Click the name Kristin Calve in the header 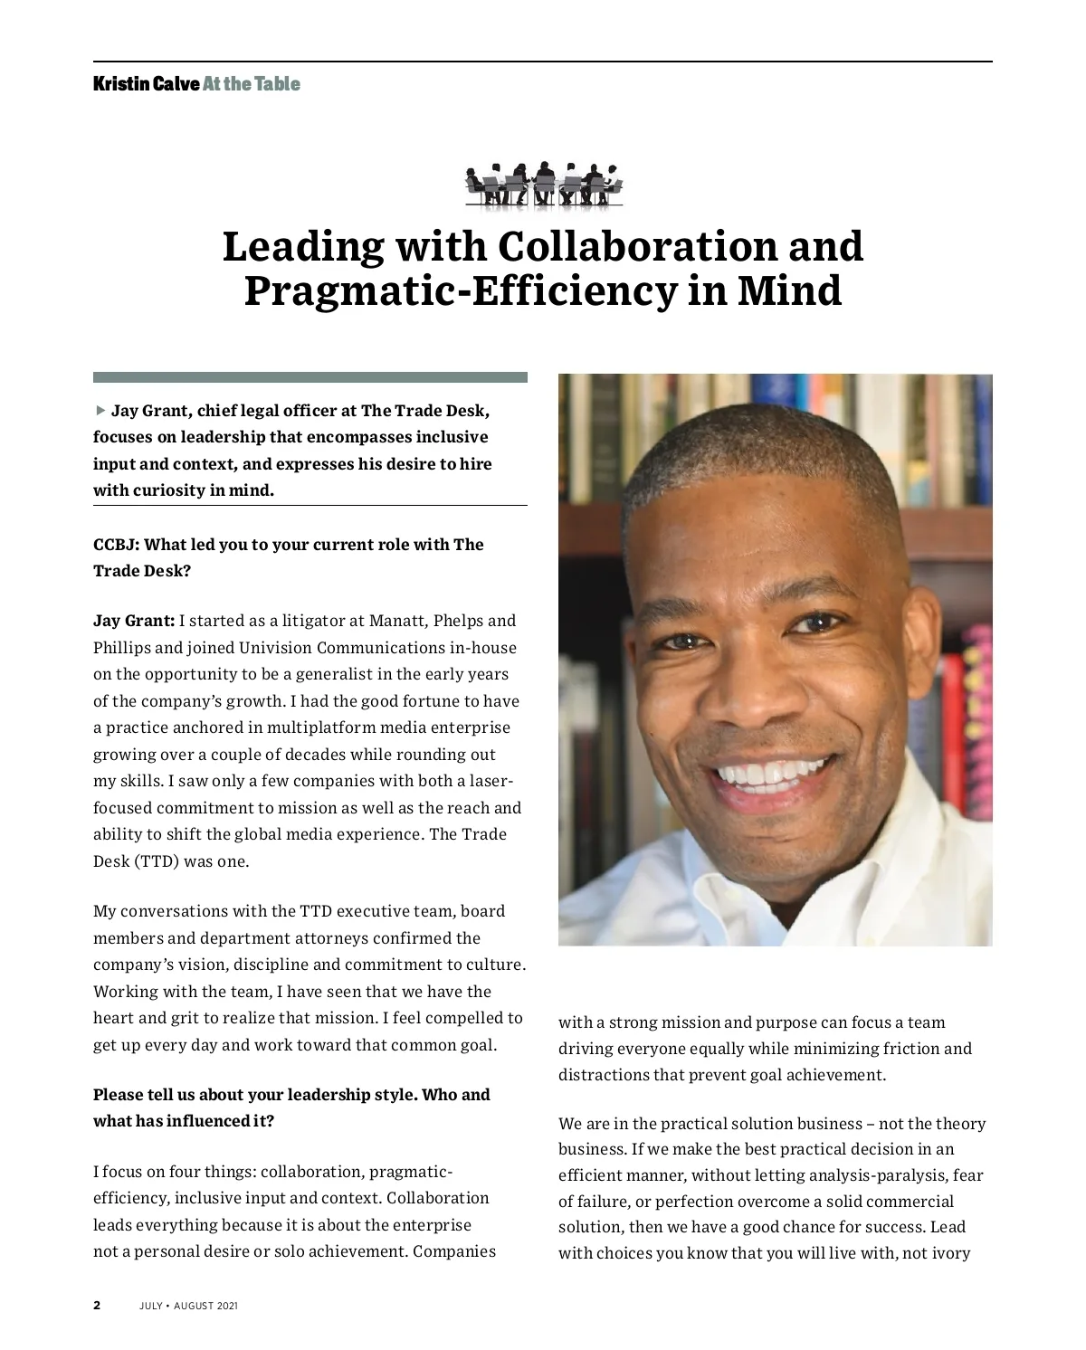(146, 85)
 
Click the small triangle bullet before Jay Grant (100, 411)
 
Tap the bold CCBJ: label (116, 545)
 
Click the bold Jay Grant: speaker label (134, 621)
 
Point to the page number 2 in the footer (97, 1307)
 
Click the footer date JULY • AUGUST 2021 (189, 1307)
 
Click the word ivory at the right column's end (949, 1254)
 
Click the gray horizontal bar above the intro (310, 377)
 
